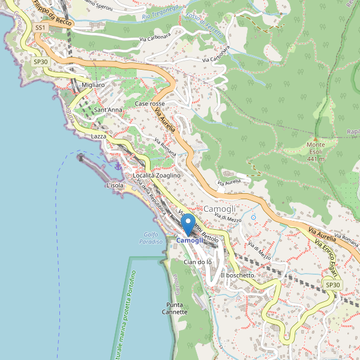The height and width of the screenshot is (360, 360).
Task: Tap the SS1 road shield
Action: pos(40,28)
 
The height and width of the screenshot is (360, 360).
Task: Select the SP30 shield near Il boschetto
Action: pos(332,284)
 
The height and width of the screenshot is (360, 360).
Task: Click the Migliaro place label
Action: pos(93,85)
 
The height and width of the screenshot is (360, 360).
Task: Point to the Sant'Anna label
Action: pos(108,110)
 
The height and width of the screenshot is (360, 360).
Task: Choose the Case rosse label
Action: pos(150,104)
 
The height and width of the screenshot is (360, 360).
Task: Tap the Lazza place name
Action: pos(98,137)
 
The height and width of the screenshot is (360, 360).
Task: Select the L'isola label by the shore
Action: pos(115,186)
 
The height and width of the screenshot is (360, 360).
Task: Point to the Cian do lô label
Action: pos(197,262)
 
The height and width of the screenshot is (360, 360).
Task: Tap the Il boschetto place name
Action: pos(238,275)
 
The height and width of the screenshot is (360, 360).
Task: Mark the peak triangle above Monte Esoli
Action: pos(316,137)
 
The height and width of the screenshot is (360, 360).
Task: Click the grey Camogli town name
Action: pos(220,208)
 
